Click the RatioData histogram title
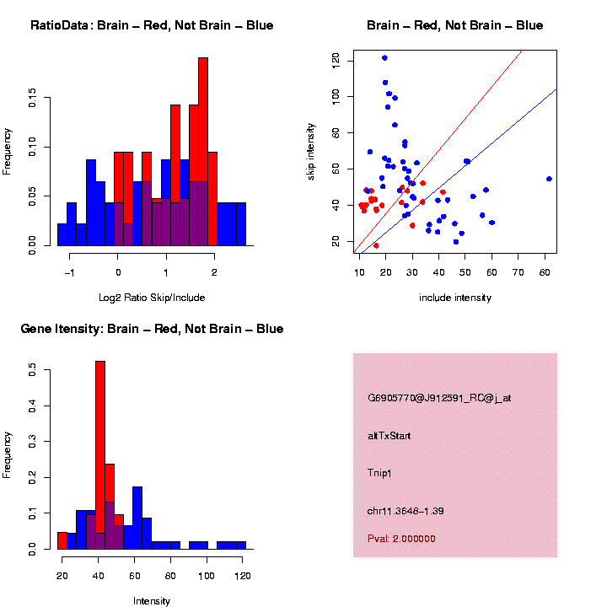152,25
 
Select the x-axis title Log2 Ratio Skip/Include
152,297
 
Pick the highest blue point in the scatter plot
384,58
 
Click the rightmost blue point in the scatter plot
549,179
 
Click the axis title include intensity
455,298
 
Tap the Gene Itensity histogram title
152,329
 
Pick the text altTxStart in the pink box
389,436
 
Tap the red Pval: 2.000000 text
401,538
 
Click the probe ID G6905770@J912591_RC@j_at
439,398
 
